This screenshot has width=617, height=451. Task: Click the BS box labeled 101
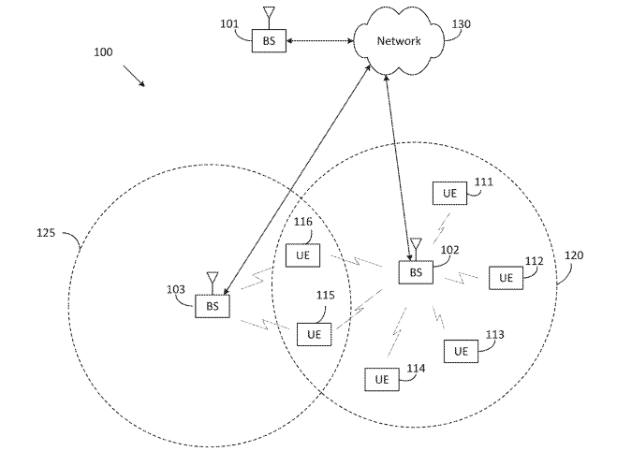pyautogui.click(x=269, y=40)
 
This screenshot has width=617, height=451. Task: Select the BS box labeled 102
pyautogui.click(x=416, y=272)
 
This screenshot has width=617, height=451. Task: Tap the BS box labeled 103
pyautogui.click(x=213, y=306)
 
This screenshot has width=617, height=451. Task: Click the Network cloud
pyautogui.click(x=399, y=41)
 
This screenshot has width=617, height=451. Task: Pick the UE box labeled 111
pyautogui.click(x=449, y=193)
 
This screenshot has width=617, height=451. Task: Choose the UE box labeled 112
pyautogui.click(x=506, y=278)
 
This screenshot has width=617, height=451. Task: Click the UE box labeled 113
pyautogui.click(x=462, y=351)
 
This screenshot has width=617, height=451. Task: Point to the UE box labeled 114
pyautogui.click(x=382, y=380)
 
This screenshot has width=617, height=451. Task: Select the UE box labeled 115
pyautogui.click(x=314, y=334)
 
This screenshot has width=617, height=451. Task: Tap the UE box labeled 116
pyautogui.click(x=302, y=255)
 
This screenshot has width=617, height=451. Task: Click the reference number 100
pyautogui.click(x=103, y=51)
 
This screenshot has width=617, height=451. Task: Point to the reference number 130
pyautogui.click(x=461, y=24)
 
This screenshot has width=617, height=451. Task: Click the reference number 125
pyautogui.click(x=46, y=233)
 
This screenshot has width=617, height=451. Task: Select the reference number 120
pyautogui.click(x=574, y=255)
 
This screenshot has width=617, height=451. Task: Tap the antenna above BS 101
pyautogui.click(x=269, y=17)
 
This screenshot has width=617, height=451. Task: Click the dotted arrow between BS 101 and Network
pyautogui.click(x=319, y=40)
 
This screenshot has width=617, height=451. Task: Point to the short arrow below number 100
pyautogui.click(x=134, y=76)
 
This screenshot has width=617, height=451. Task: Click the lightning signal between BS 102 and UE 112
pyautogui.click(x=462, y=277)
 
